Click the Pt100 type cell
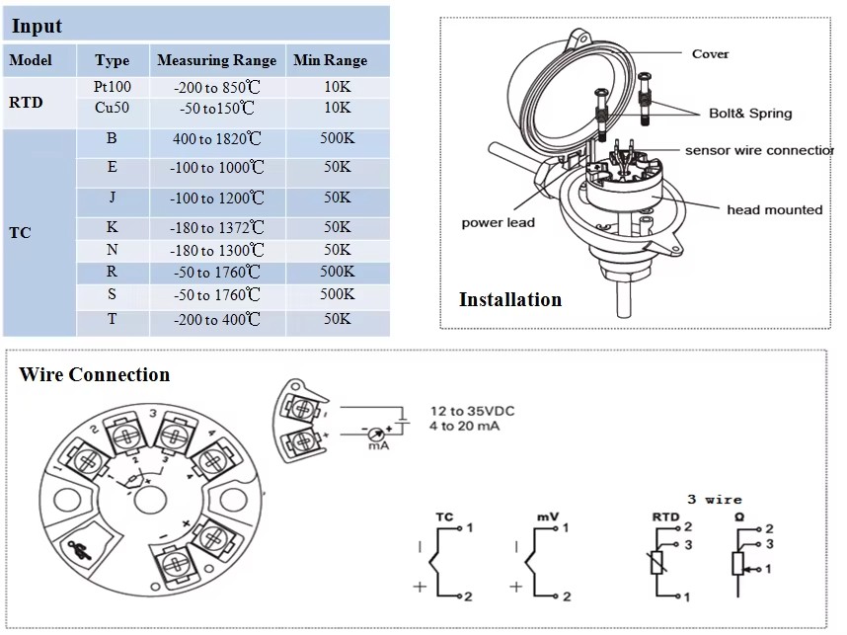(112, 87)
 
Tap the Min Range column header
(330, 60)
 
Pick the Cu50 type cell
(112, 107)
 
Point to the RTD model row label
(26, 101)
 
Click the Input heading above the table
(37, 27)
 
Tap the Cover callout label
(710, 53)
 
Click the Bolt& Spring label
(750, 113)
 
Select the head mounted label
(774, 209)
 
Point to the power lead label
(498, 222)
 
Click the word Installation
(509, 299)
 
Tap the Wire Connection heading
(94, 374)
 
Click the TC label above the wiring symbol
(443, 516)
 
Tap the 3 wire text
(715, 499)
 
